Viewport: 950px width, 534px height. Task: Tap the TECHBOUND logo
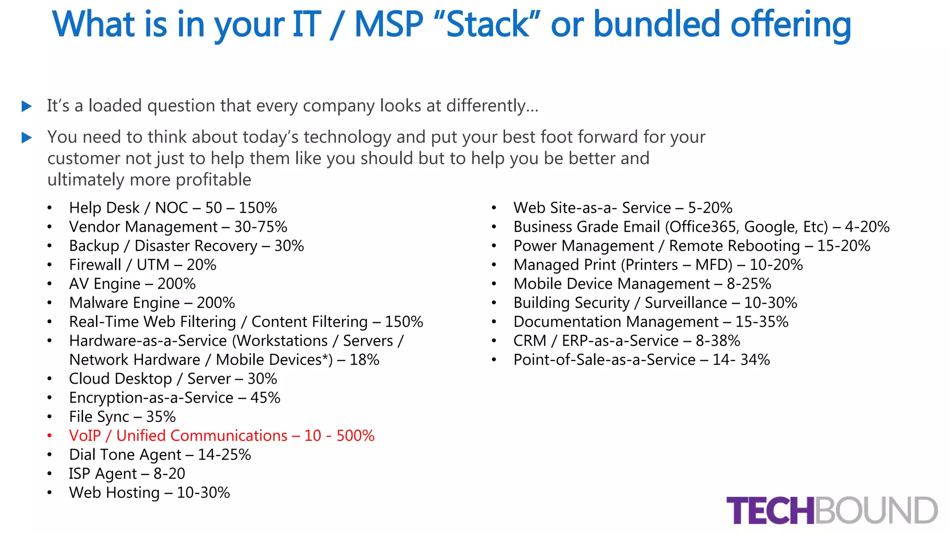tap(832, 510)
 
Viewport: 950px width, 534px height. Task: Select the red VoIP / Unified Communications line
tap(221, 436)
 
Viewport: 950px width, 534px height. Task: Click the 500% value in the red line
tap(355, 436)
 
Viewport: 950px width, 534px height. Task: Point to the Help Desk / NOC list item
tap(173, 208)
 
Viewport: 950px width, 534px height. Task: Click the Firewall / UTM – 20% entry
tap(142, 265)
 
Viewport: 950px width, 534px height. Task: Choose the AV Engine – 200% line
tap(132, 284)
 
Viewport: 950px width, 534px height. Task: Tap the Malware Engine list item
tap(152, 303)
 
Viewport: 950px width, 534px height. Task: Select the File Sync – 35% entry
tap(122, 417)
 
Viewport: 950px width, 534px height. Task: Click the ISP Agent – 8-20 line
tap(127, 474)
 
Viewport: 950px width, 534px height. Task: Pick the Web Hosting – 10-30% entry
tap(149, 493)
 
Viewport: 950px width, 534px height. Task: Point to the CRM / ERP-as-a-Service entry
tap(626, 341)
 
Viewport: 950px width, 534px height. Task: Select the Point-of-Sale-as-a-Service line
tap(641, 360)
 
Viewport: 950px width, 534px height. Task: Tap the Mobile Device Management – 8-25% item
tap(642, 284)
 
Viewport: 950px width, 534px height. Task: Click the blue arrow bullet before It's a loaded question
tap(27, 107)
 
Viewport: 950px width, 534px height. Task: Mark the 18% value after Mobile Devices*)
tap(364, 360)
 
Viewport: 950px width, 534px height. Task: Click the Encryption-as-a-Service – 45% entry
tap(174, 398)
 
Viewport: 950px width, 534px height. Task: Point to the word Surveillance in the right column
tap(686, 303)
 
